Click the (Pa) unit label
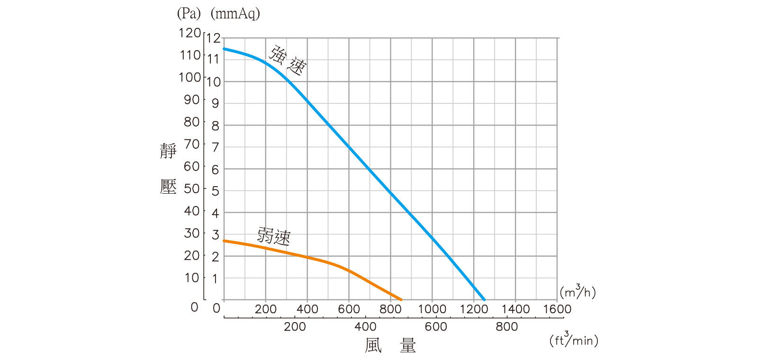click(x=189, y=13)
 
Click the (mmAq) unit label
click(x=235, y=13)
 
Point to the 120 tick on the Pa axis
click(x=189, y=33)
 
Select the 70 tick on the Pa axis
click(x=192, y=144)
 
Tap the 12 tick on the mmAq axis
click(x=214, y=38)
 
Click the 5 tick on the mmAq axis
click(x=216, y=191)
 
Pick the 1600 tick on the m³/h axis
click(x=557, y=309)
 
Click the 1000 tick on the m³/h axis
click(x=432, y=309)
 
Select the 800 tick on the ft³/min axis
click(x=506, y=326)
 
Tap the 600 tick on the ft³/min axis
click(x=436, y=326)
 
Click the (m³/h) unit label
click(x=577, y=292)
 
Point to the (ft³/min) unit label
click(x=574, y=340)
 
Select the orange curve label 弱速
click(x=274, y=235)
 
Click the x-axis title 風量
click(x=390, y=345)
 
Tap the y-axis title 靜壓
click(x=168, y=169)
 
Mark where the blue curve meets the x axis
click(x=484, y=299)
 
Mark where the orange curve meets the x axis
click(x=401, y=299)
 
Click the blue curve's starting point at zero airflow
click(x=224, y=48)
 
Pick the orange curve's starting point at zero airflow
click(x=224, y=241)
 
